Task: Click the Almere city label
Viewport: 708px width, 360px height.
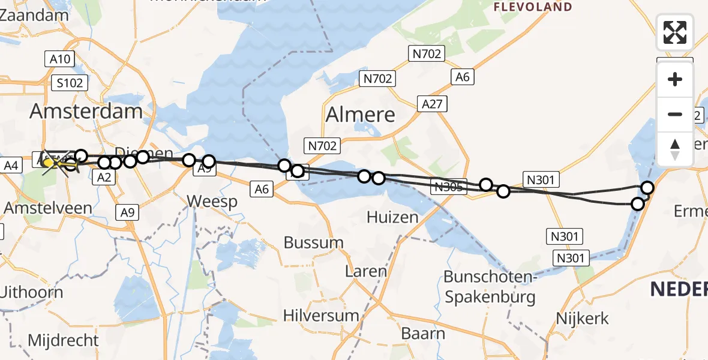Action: point(361,115)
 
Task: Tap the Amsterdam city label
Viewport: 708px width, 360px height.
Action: point(86,111)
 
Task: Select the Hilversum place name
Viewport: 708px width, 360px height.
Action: point(321,315)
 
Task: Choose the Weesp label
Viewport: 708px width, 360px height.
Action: point(212,202)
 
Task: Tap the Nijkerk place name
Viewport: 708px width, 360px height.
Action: point(582,318)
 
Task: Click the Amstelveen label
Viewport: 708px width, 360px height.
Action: point(48,208)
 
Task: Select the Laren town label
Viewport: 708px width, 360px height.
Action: point(366,271)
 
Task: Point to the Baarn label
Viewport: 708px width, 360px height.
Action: point(424,334)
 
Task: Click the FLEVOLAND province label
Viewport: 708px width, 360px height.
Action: point(533,7)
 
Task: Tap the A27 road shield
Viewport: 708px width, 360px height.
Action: point(431,104)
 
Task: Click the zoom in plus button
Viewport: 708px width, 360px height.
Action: point(675,79)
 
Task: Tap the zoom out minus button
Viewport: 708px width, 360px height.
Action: point(675,114)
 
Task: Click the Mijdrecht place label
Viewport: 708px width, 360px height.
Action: point(63,340)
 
